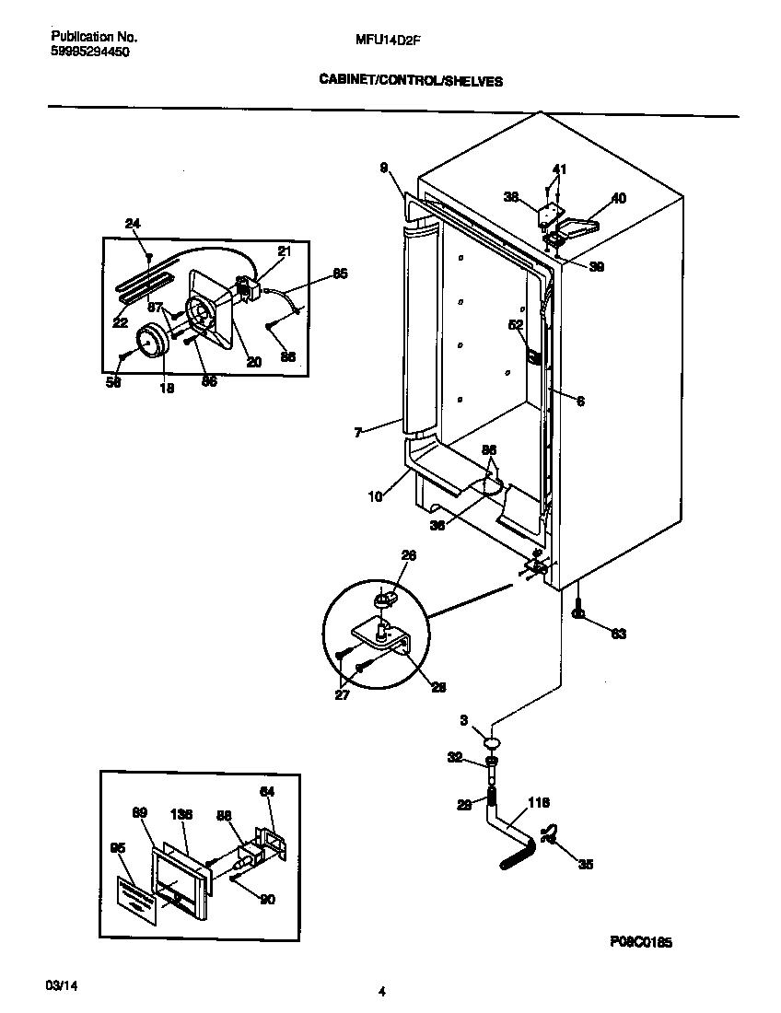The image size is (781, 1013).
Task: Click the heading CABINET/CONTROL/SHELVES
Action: click(410, 81)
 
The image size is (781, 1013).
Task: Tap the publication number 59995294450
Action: click(89, 52)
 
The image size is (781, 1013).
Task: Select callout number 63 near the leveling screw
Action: click(618, 634)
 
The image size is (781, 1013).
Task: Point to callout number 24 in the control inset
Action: click(133, 224)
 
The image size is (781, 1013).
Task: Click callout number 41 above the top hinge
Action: click(559, 169)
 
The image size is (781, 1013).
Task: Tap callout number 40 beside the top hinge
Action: click(618, 198)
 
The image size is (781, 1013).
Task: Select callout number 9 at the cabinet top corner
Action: click(384, 167)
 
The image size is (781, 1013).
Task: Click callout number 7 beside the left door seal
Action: click(358, 431)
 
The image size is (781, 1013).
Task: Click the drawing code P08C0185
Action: click(640, 942)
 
